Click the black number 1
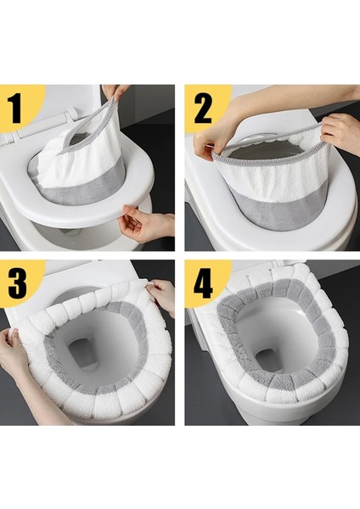point(14,109)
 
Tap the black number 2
point(203,109)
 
